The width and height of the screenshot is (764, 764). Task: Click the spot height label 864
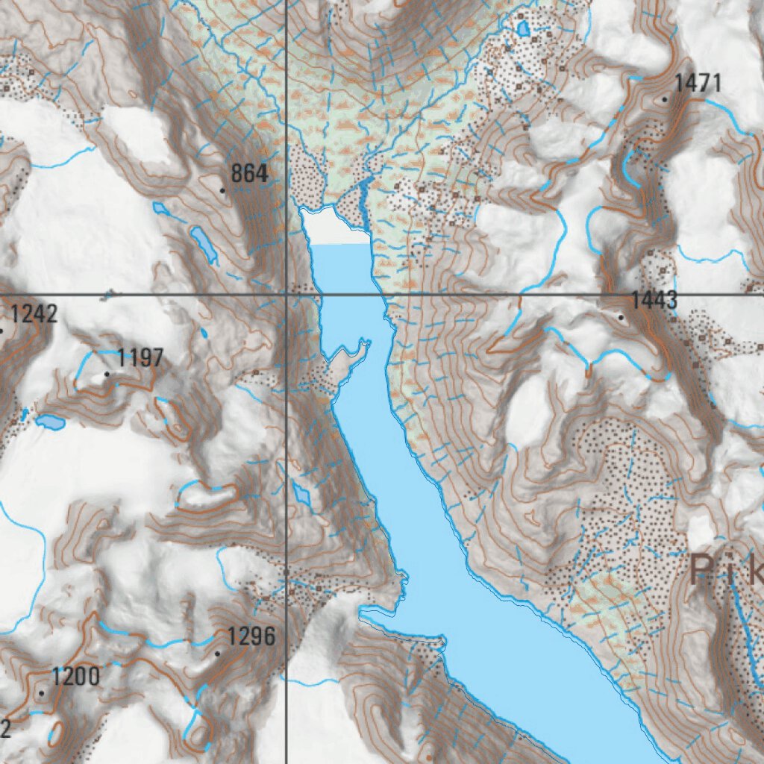coord(249,174)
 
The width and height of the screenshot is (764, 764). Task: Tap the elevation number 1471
coord(698,83)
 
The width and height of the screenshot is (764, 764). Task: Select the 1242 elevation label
coord(34,314)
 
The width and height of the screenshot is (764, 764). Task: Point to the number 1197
coord(140,358)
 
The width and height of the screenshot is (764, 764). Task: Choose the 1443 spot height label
coord(654,301)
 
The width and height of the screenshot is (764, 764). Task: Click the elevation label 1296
coord(251,637)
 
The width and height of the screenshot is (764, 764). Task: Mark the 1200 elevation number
coord(75,677)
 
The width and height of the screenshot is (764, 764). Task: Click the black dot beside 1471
coord(664,98)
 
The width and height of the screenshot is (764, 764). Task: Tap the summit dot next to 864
coord(222,190)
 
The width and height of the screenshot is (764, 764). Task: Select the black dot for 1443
coord(621,317)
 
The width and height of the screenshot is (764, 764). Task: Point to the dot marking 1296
coord(217,654)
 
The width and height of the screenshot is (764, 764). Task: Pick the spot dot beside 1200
coord(41,693)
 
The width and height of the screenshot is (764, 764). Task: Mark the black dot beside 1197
coord(107,374)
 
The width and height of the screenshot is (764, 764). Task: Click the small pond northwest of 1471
coord(523,29)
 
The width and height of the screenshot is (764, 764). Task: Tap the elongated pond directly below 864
coord(203,245)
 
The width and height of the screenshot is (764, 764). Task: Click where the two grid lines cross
coord(287,295)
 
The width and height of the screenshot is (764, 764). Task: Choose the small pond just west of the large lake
coord(303,493)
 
